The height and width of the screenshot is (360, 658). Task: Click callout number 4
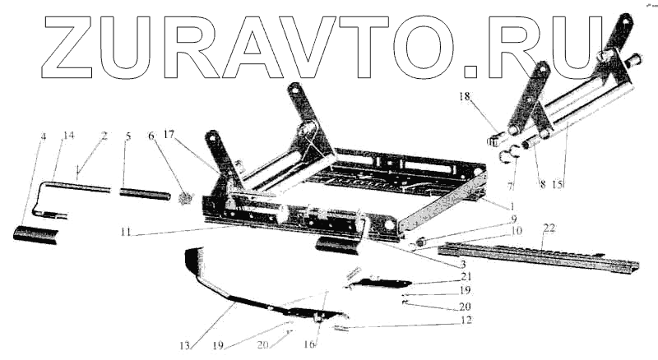pyautogui.click(x=43, y=136)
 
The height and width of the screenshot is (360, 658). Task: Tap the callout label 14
pyautogui.click(x=68, y=136)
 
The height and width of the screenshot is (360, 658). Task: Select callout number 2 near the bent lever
pyautogui.click(x=104, y=136)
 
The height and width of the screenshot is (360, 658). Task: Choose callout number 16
pyautogui.click(x=309, y=344)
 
